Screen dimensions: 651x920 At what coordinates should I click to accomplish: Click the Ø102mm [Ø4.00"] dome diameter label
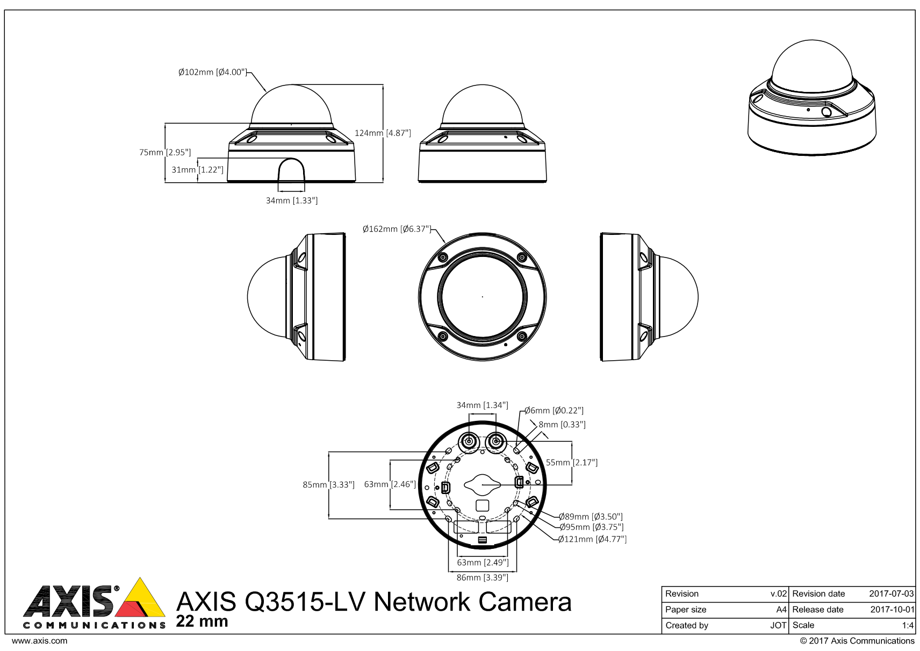tap(212, 72)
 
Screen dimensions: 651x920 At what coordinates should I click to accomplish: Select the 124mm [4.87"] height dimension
tap(383, 133)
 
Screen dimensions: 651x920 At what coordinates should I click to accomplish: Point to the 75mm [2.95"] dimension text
tap(165, 152)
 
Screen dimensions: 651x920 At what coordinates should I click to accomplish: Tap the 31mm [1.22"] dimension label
tap(197, 170)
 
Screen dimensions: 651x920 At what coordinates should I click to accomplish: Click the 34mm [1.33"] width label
tap(292, 201)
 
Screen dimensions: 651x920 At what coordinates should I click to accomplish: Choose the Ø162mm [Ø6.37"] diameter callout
tap(397, 229)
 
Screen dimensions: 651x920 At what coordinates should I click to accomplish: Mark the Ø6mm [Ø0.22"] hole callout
tap(554, 411)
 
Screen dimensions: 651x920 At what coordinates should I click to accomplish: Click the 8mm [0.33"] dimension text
tap(562, 425)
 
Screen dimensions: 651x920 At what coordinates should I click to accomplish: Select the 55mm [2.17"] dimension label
tap(572, 462)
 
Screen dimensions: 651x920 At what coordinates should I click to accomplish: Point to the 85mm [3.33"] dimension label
tap(328, 485)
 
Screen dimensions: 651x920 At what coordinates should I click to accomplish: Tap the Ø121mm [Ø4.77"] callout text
tap(592, 539)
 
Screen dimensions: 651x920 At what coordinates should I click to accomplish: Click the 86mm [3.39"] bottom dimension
tap(482, 577)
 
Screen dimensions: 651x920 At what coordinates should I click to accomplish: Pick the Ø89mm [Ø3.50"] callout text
tap(591, 517)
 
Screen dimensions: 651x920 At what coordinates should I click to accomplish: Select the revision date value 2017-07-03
tap(891, 594)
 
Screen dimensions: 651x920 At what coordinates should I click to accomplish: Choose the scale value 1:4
tap(908, 626)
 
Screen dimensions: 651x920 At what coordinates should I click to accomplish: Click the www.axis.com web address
tap(39, 641)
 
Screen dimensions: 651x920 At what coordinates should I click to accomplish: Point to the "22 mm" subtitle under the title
tap(202, 622)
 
